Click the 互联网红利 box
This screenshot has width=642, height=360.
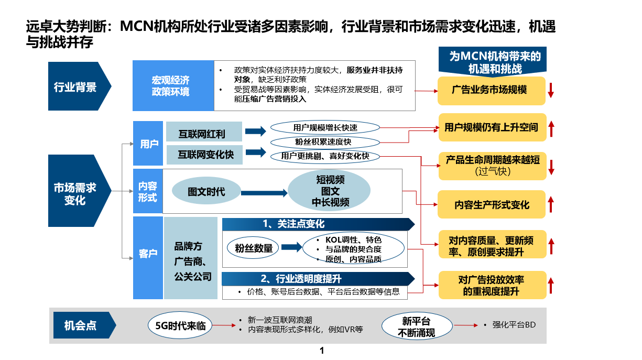coord(203,133)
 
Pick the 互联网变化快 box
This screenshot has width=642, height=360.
coord(203,155)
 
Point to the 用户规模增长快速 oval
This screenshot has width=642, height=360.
coord(325,127)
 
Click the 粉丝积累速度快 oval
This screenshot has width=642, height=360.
coord(325,141)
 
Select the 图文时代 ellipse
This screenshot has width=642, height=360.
coord(206,192)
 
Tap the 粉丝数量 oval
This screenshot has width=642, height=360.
coord(254,248)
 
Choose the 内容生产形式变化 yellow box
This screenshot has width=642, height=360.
coord(492,204)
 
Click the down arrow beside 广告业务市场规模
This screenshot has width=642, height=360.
coord(551,90)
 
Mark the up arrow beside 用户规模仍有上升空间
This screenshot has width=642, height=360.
coord(551,127)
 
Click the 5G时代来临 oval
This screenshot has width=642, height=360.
coord(180,326)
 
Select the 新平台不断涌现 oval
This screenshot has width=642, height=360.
coord(416,327)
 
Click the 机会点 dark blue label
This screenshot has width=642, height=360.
coord(81,325)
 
